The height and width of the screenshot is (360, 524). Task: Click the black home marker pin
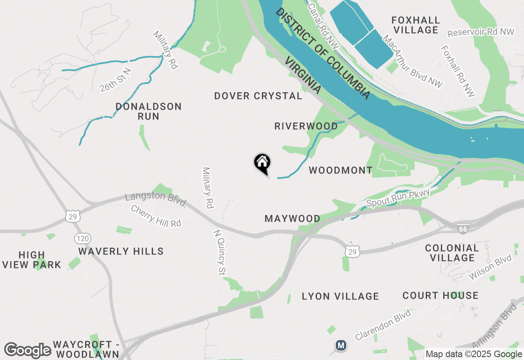tap(262, 163)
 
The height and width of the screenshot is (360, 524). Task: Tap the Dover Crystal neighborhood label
tap(258, 96)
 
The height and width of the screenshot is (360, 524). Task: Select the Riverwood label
tap(306, 126)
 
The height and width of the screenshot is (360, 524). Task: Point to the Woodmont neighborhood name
tap(341, 170)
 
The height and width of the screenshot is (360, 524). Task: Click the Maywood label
tap(292, 218)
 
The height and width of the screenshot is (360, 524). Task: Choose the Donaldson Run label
tap(148, 111)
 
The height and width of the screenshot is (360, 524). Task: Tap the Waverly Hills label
tap(121, 251)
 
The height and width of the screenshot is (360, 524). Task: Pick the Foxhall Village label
tap(415, 25)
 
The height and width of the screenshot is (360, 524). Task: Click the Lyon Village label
tap(340, 296)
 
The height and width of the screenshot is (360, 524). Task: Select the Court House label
tap(440, 295)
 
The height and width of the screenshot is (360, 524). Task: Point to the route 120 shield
tap(83, 238)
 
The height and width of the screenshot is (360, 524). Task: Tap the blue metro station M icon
tap(341, 345)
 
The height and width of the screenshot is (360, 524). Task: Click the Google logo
tap(27, 350)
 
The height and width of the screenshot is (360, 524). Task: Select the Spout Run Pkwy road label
tap(398, 198)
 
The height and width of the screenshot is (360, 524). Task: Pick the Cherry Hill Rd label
tap(156, 216)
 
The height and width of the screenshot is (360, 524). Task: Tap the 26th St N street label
tap(115, 80)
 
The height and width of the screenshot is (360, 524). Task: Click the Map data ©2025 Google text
tap(474, 354)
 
